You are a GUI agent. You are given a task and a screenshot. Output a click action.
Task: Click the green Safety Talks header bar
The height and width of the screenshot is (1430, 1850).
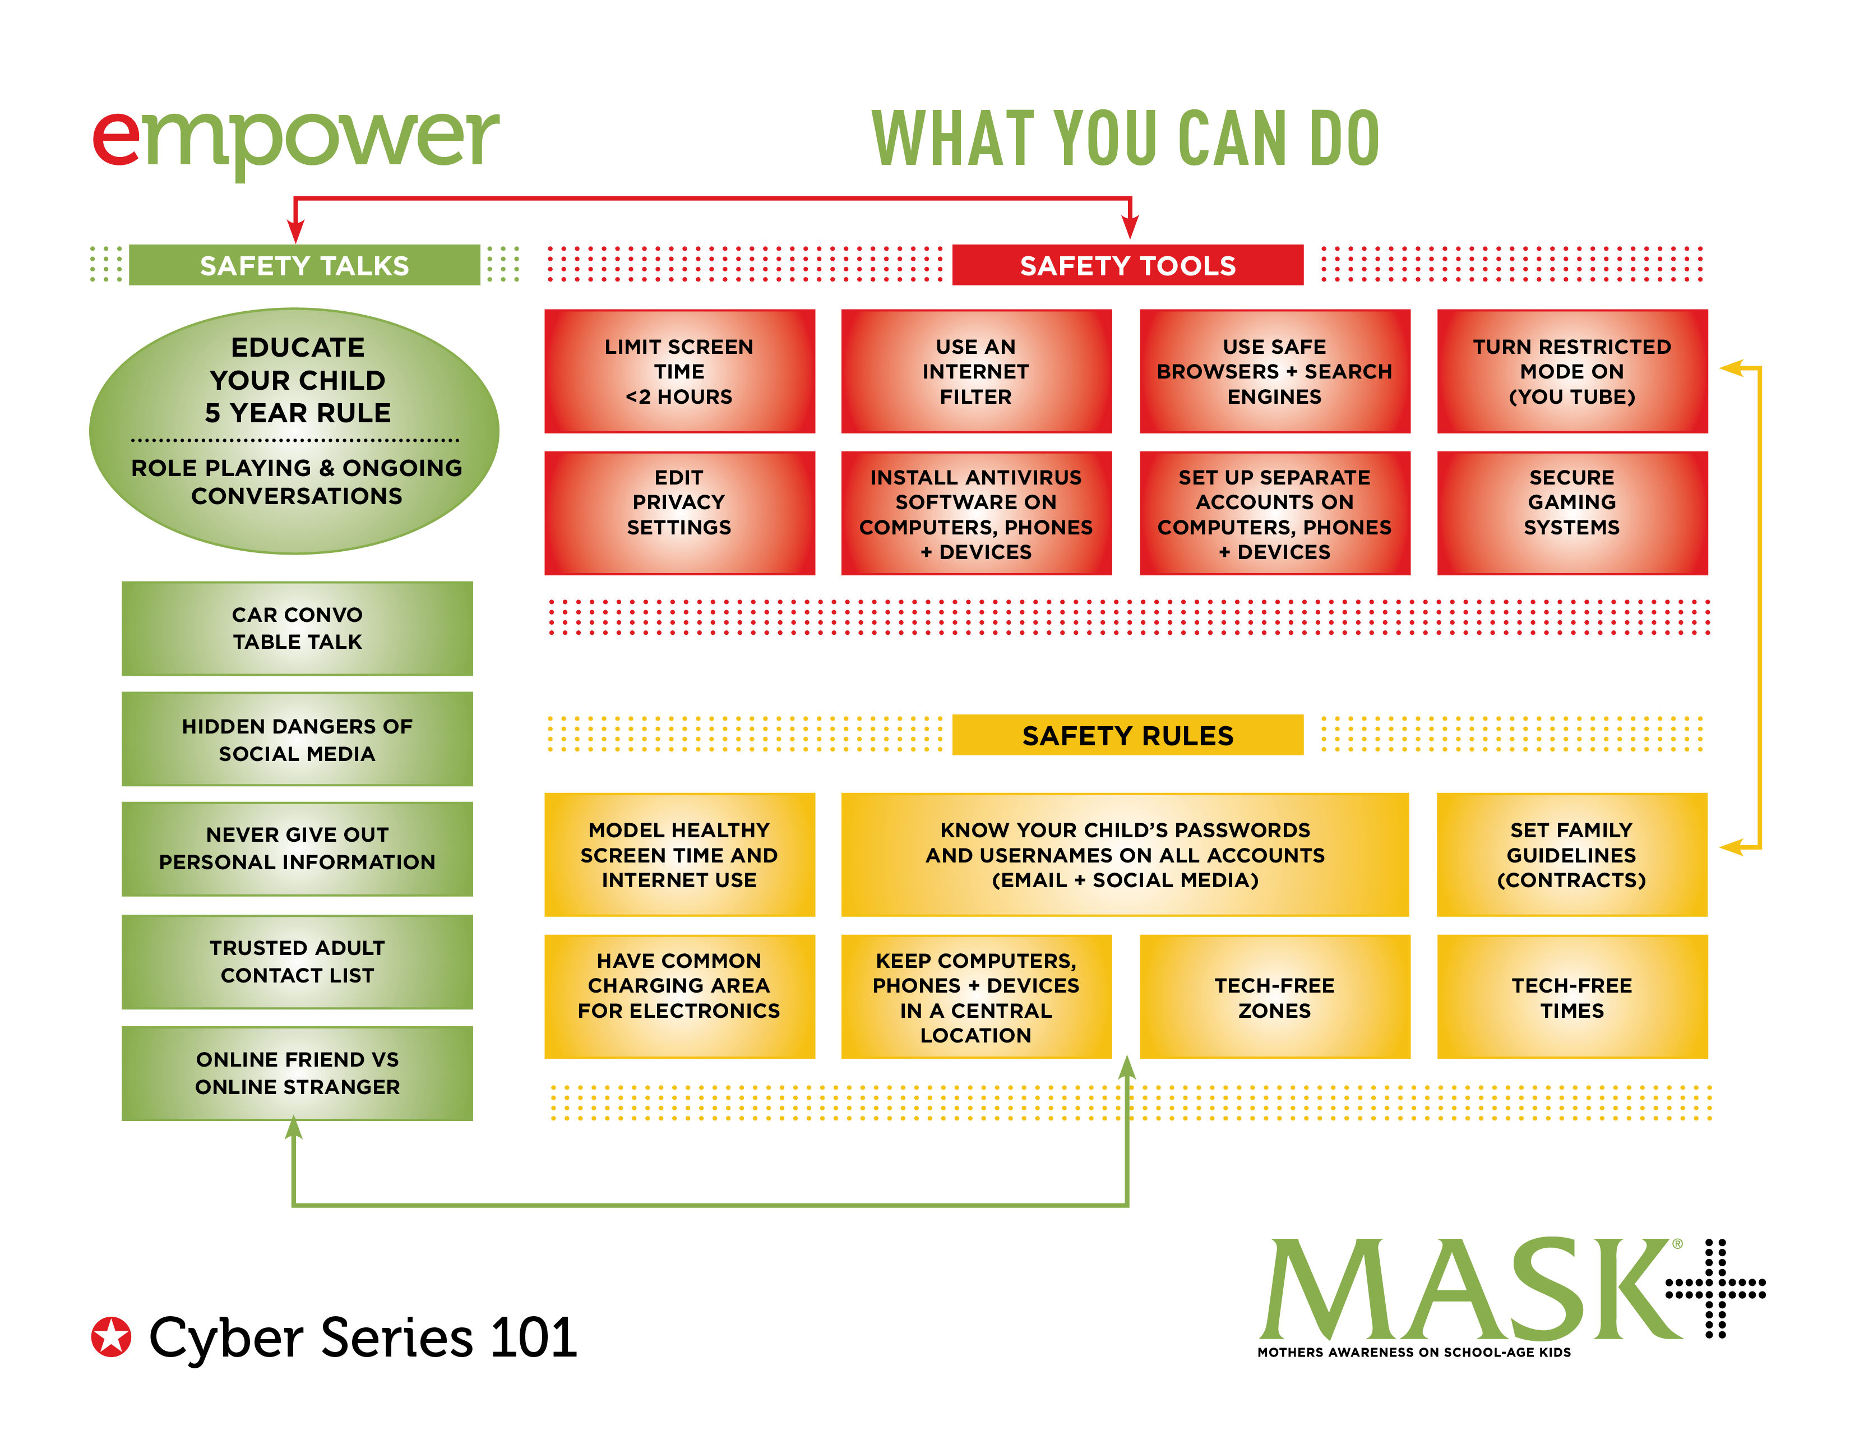coord(304,265)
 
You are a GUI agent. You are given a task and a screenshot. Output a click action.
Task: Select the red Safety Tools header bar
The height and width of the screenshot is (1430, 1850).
coord(1127,265)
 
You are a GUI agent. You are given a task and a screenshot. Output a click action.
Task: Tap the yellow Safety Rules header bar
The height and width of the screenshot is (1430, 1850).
coord(1127,735)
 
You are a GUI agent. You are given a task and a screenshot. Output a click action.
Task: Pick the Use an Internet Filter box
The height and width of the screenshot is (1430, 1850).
coord(976,371)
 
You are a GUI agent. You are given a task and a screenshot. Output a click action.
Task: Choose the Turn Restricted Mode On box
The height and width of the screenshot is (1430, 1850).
coord(1571,371)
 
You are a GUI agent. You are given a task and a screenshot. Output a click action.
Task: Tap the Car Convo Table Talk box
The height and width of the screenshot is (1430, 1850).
coord(297,628)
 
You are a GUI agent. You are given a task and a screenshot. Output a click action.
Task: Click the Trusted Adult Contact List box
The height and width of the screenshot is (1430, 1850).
coord(297,962)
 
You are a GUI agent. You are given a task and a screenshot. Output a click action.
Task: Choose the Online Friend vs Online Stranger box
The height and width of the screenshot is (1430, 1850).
coord(297,1073)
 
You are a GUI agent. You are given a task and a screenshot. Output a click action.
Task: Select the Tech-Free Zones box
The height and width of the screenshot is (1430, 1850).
coord(1274,997)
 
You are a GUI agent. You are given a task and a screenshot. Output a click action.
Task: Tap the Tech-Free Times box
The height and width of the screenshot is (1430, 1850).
coord(1571,997)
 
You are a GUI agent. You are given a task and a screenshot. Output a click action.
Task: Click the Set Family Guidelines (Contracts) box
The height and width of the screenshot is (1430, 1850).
coord(1571,854)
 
